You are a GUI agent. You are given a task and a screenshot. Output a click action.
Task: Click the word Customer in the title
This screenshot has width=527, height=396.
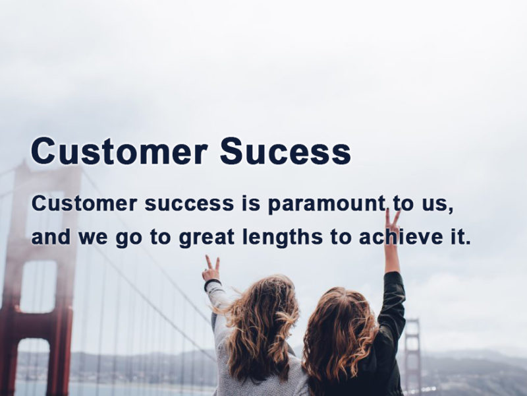[x=119, y=151]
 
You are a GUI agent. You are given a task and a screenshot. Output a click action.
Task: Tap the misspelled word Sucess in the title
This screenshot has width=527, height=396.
[x=285, y=151]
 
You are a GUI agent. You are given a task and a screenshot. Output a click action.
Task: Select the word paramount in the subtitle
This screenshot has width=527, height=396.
[x=327, y=205]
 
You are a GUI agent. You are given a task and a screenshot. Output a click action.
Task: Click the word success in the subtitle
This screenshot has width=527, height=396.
[x=189, y=204]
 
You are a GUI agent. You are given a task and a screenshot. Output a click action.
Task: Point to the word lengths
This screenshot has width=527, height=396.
[x=283, y=237]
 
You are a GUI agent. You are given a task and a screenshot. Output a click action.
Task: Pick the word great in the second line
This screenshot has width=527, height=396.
[x=206, y=238]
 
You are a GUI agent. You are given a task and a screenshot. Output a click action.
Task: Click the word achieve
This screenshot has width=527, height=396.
[x=401, y=237]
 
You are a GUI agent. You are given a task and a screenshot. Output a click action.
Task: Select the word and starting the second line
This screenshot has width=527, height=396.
[x=51, y=237]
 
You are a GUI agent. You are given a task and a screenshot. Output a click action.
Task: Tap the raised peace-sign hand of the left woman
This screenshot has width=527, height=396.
[x=211, y=269]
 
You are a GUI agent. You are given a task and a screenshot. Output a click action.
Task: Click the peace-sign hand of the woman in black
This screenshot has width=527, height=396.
[x=392, y=224]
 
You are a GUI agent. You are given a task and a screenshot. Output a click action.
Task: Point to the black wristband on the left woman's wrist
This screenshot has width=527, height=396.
[x=212, y=283]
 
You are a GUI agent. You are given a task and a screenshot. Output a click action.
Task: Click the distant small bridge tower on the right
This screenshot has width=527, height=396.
[x=412, y=354]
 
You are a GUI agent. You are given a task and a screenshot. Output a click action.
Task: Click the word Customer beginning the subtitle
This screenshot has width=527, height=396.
[x=84, y=204]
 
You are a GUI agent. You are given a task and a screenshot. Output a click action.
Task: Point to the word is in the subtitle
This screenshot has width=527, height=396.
[x=251, y=203]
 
